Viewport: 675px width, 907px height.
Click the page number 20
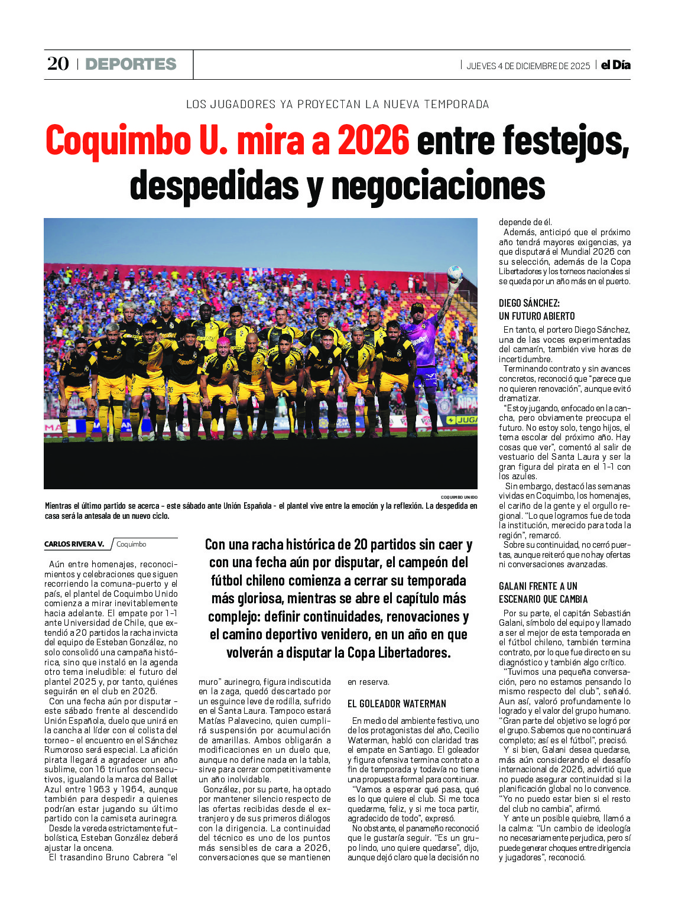click(x=58, y=64)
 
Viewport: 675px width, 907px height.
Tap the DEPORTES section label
click(x=131, y=64)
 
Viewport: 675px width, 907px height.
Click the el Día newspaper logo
click(x=615, y=65)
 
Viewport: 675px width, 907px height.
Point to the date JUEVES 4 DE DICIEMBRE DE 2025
click(x=528, y=66)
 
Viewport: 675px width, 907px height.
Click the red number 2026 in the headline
click(x=373, y=141)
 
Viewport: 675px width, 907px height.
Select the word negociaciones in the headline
click(x=438, y=186)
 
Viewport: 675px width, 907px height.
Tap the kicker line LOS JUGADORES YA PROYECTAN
click(x=337, y=104)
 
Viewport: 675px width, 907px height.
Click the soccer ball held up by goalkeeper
click(x=455, y=272)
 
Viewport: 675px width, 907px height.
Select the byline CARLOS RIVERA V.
click(x=74, y=544)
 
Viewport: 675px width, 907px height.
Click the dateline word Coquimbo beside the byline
click(x=131, y=544)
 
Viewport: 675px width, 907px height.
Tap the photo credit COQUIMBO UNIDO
click(x=459, y=498)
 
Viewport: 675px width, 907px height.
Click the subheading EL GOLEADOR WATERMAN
click(x=397, y=704)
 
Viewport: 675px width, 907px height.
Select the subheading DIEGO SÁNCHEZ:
click(x=528, y=303)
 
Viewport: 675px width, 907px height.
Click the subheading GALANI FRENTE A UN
click(x=537, y=586)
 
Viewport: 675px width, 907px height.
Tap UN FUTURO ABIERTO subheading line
click(x=536, y=316)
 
